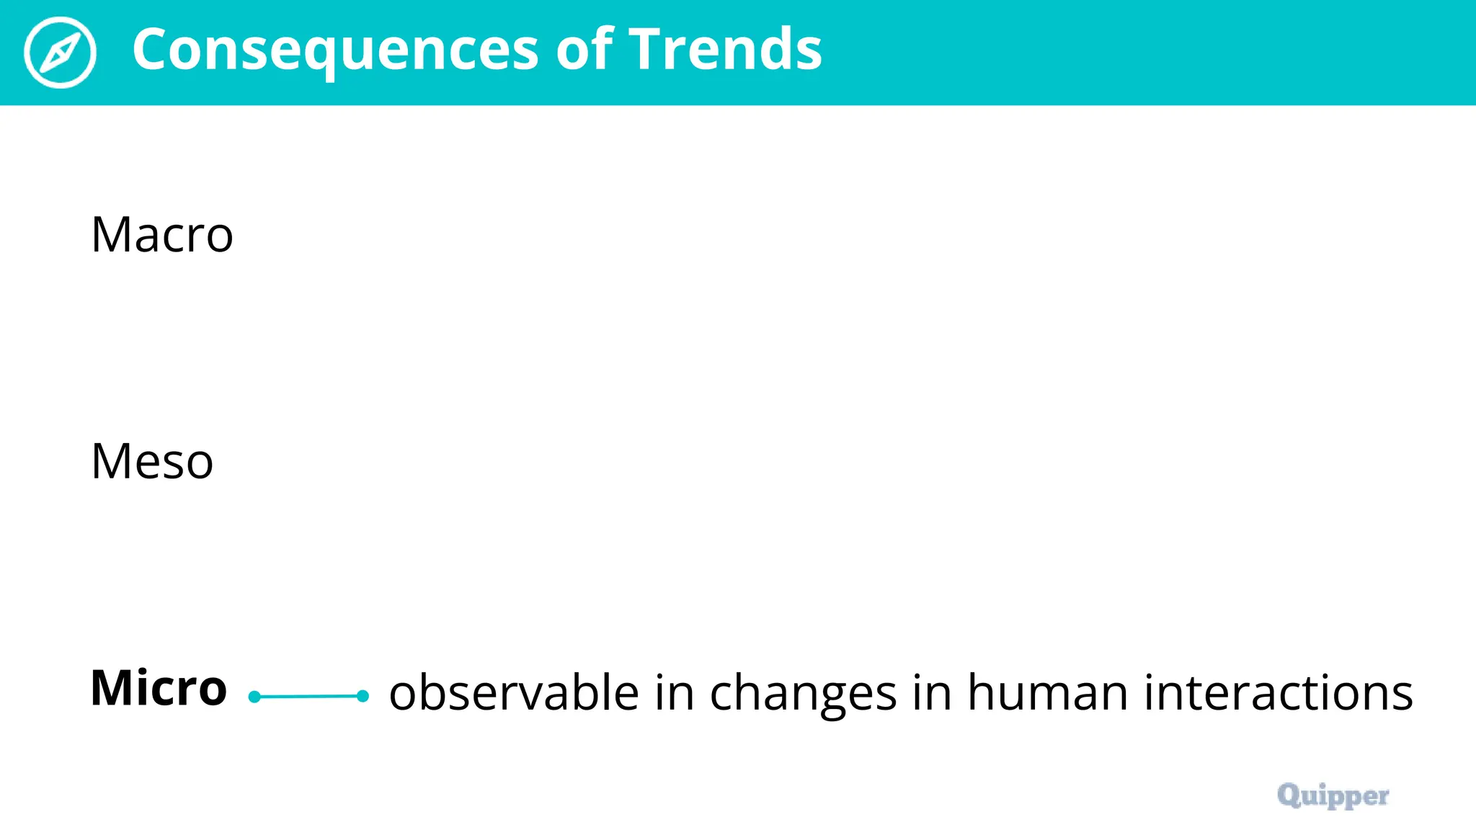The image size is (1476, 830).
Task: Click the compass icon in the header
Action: (60, 52)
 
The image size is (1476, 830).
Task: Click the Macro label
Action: (162, 235)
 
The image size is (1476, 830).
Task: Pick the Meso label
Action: (152, 461)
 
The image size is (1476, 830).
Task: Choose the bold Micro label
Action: (159, 687)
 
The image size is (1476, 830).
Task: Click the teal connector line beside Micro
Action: (308, 696)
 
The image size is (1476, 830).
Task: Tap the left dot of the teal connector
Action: (254, 697)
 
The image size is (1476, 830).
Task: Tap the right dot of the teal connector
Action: (363, 696)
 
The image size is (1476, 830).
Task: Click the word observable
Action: (514, 692)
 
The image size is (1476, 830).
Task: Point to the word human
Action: (1047, 692)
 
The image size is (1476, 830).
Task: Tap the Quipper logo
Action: (1333, 795)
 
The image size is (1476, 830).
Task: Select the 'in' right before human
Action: (932, 692)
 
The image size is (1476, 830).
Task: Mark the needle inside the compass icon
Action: (60, 53)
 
